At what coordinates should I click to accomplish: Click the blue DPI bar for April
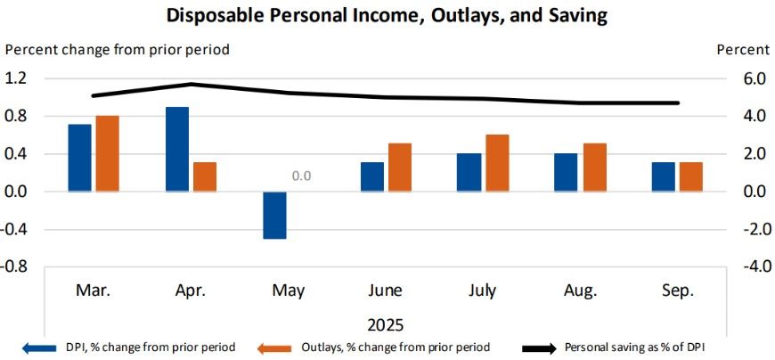click(x=177, y=149)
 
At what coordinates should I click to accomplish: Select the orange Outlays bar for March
click(x=108, y=153)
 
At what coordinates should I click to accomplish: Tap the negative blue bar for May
click(x=274, y=215)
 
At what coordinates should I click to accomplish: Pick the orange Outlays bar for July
click(x=497, y=163)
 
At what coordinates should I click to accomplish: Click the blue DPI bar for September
click(x=663, y=176)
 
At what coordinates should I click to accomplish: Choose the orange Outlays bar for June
click(x=400, y=168)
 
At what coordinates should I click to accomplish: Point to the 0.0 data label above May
click(x=301, y=176)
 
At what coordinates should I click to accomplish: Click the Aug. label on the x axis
click(x=580, y=290)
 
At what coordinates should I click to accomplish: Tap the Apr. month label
click(x=192, y=290)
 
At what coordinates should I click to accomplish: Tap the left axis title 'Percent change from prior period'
click(x=118, y=50)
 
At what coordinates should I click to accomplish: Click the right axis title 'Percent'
click(x=743, y=50)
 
